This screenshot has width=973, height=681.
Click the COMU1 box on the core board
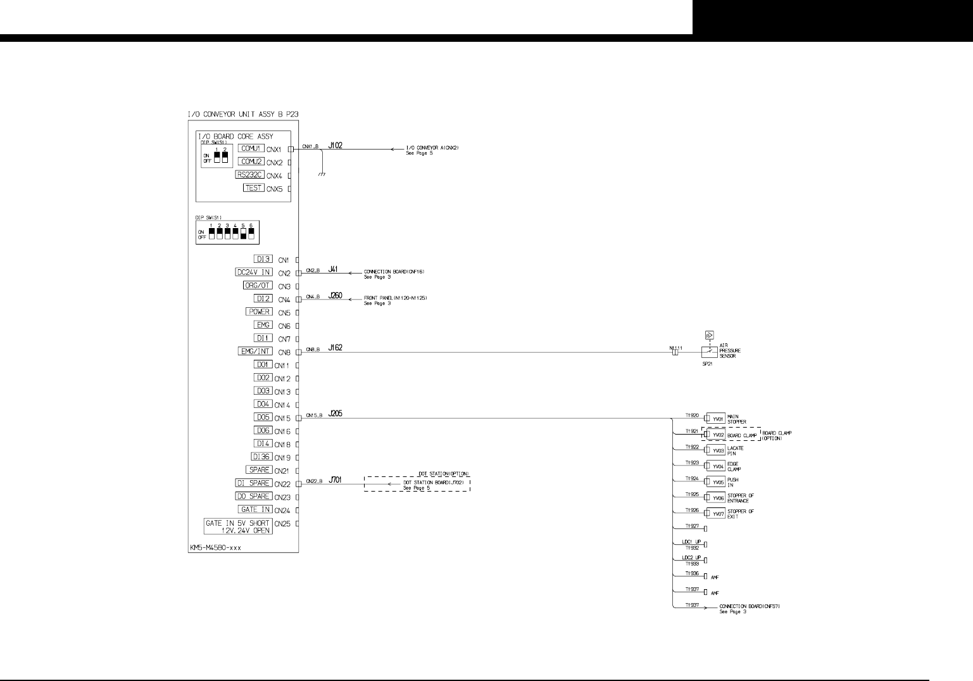pyautogui.click(x=251, y=148)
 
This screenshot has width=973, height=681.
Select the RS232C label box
pyautogui.click(x=250, y=175)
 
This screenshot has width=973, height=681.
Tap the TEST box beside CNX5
pyautogui.click(x=253, y=188)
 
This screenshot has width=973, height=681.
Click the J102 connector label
pyautogui.click(x=336, y=146)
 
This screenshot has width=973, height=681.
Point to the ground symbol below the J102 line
pyautogui.click(x=322, y=174)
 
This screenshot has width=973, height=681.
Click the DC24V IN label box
pyautogui.click(x=254, y=272)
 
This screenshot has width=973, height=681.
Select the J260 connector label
pyautogui.click(x=336, y=295)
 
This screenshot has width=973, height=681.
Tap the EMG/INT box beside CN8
pyautogui.click(x=255, y=351)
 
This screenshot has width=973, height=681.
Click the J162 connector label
pyautogui.click(x=336, y=348)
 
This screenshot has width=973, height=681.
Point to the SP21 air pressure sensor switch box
pyautogui.click(x=710, y=352)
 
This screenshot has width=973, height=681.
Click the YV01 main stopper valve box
pyautogui.click(x=717, y=419)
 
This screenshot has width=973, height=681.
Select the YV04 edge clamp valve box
pyautogui.click(x=717, y=466)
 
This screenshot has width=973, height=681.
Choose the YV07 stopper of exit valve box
pyautogui.click(x=717, y=514)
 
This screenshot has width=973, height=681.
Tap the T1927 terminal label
pyautogui.click(x=693, y=526)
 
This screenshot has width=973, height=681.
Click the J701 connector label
pyautogui.click(x=336, y=480)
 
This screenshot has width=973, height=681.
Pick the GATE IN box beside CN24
pyautogui.click(x=256, y=509)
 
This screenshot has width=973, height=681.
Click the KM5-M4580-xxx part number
pyautogui.click(x=215, y=548)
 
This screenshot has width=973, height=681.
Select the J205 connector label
pyautogui.click(x=336, y=414)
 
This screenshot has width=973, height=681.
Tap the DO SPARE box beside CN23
pyautogui.click(x=254, y=496)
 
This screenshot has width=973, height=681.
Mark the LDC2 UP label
pyautogui.click(x=691, y=557)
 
